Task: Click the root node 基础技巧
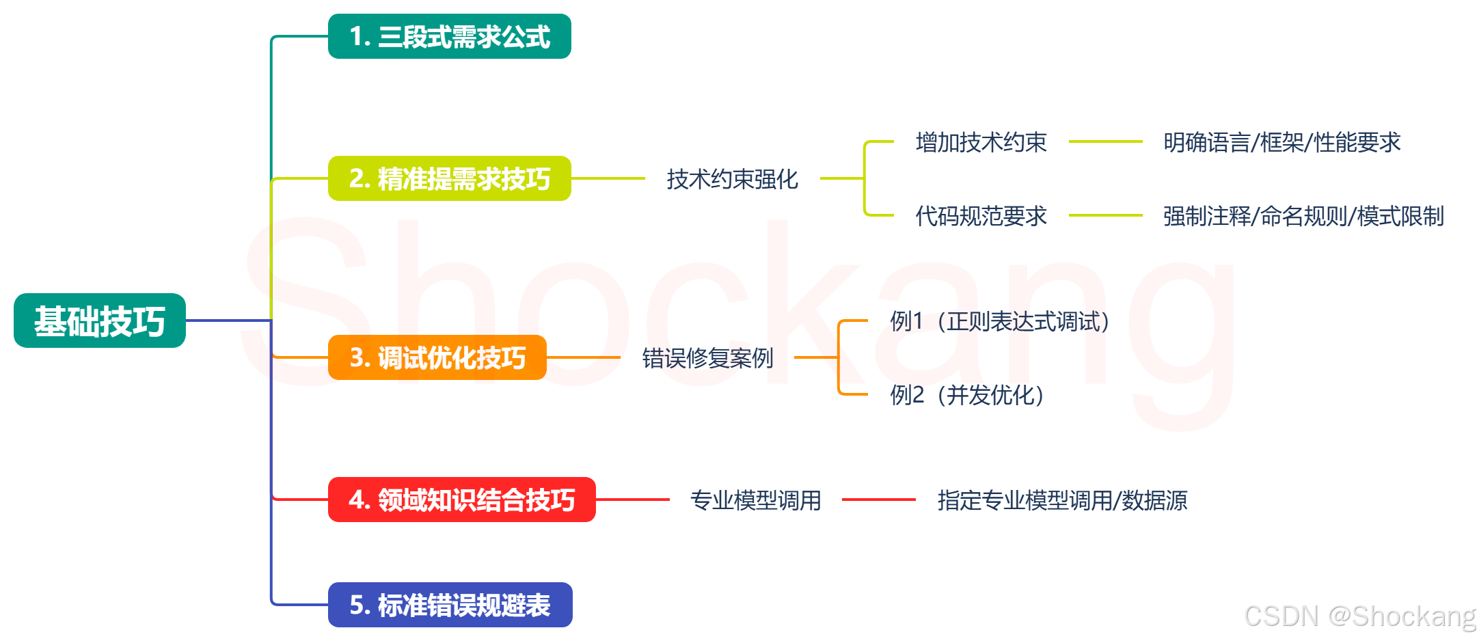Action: point(100,320)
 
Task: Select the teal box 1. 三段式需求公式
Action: point(449,36)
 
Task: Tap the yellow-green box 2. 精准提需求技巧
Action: point(449,178)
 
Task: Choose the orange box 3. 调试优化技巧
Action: point(437,357)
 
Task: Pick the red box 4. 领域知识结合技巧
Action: point(461,500)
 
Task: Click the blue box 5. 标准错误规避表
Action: point(450,605)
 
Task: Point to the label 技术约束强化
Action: point(732,179)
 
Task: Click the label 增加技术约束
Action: point(981,142)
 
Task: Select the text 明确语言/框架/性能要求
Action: point(1281,142)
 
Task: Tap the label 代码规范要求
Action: point(981,216)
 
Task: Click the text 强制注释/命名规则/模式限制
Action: point(1303,216)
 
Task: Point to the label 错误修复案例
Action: point(707,358)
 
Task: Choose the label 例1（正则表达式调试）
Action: point(999,321)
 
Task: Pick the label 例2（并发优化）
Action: point(966,395)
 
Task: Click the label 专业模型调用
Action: point(755,500)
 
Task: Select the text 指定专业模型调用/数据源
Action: point(1062,500)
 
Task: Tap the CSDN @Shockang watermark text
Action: point(1359,616)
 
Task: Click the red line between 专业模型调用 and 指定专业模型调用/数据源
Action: point(879,500)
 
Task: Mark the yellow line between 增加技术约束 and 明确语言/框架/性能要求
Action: point(1105,141)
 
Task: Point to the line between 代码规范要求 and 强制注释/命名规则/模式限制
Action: point(1105,215)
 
